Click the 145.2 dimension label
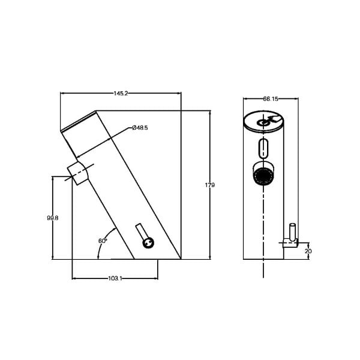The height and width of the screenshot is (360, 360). pyautogui.click(x=121, y=94)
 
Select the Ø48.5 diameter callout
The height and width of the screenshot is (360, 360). pyautogui.click(x=140, y=128)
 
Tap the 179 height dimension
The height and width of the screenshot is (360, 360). pyautogui.click(x=210, y=185)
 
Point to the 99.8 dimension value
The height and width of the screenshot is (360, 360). pyautogui.click(x=53, y=218)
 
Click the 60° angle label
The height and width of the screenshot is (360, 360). pyautogui.click(x=103, y=241)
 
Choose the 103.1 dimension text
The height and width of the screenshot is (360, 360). pyautogui.click(x=115, y=278)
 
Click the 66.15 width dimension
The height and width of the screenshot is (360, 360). pyautogui.click(x=271, y=99)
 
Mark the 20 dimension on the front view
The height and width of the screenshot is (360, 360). pyautogui.click(x=308, y=251)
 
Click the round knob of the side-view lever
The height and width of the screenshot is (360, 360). pyautogui.click(x=148, y=243)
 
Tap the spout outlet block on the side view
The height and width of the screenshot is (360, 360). pyautogui.click(x=78, y=173)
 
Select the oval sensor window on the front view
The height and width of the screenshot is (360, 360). pyautogui.click(x=263, y=148)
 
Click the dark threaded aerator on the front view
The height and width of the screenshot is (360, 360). pyautogui.click(x=263, y=176)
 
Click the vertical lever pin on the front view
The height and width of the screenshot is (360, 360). pyautogui.click(x=292, y=232)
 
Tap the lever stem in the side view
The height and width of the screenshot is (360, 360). pyautogui.click(x=141, y=232)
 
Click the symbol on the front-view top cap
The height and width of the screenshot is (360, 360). pyautogui.click(x=268, y=121)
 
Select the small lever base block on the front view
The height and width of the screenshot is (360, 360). pyautogui.click(x=290, y=243)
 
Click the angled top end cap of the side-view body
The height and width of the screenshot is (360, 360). pyautogui.click(x=78, y=121)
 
